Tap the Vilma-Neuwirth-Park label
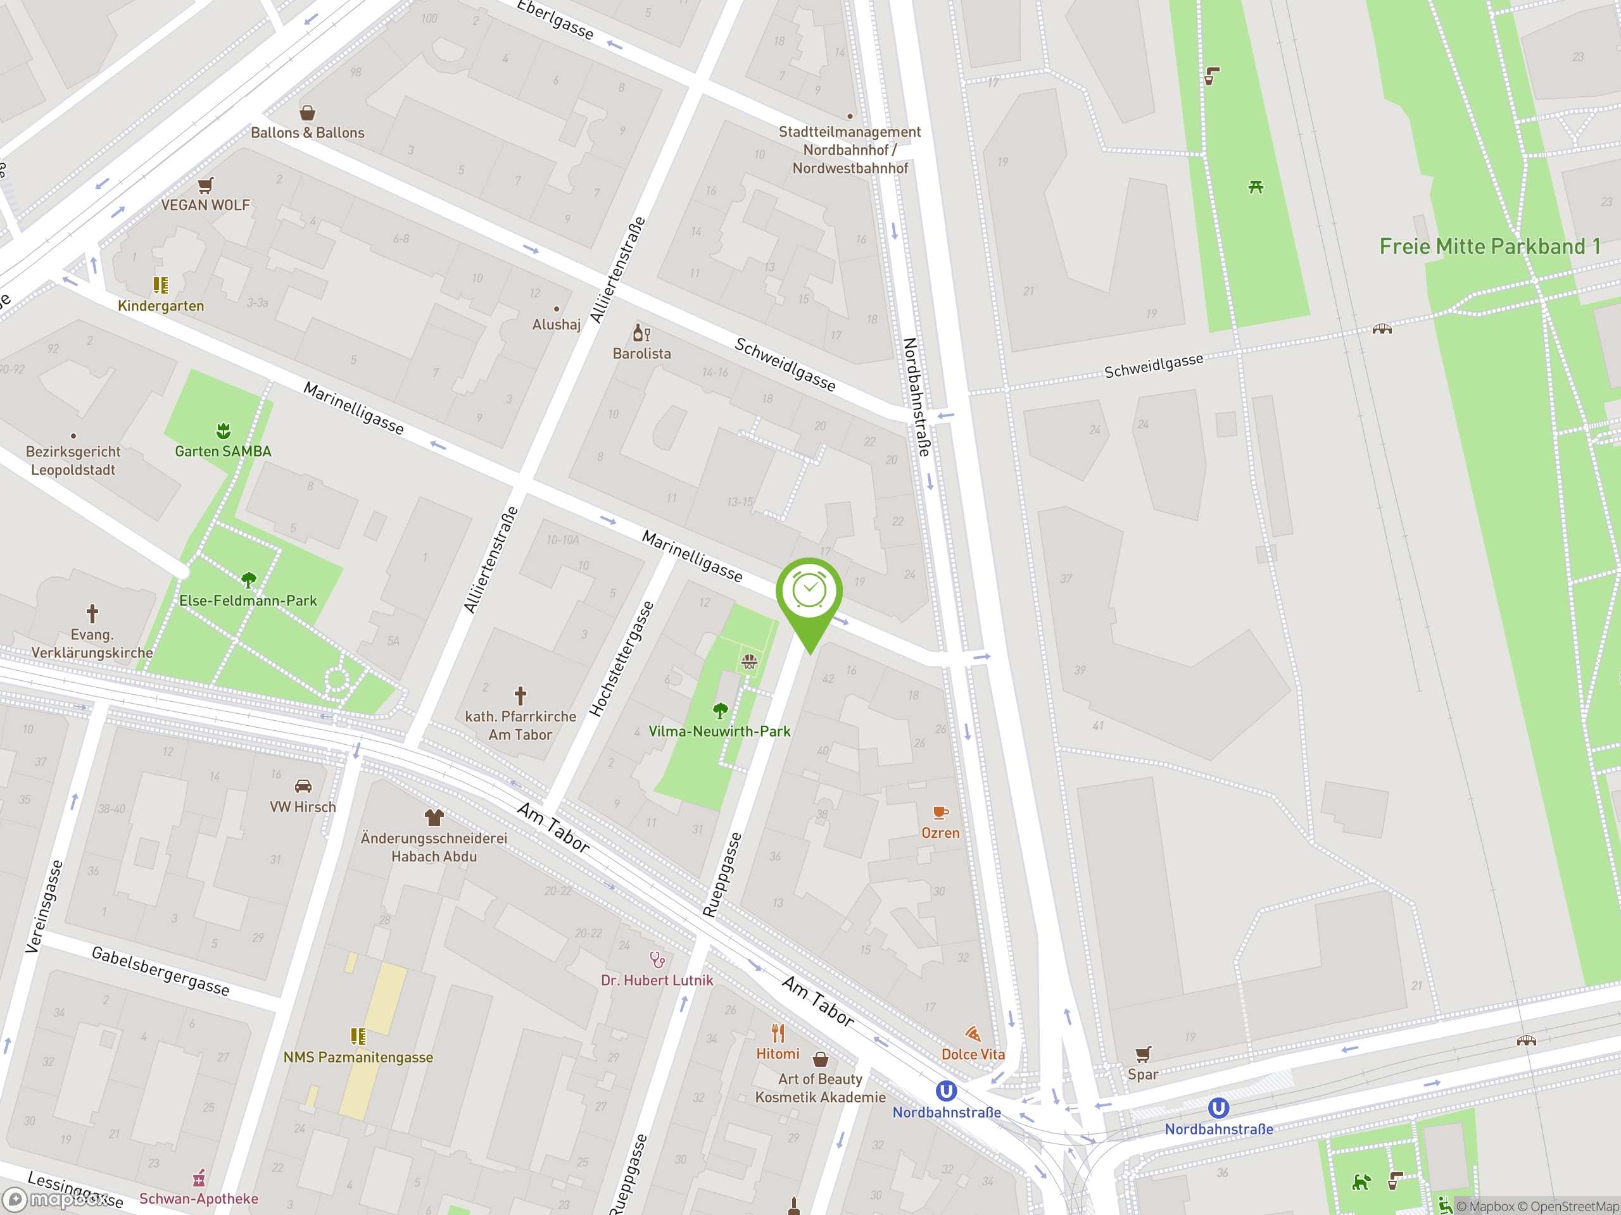tap(719, 731)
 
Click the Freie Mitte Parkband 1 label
tap(1489, 246)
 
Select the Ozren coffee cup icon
tap(940, 812)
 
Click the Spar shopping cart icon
tap(1143, 1054)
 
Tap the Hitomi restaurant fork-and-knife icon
tap(778, 1033)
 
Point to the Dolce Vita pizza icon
tap(973, 1034)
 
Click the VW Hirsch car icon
tap(303, 786)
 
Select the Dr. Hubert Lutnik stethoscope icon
tap(657, 959)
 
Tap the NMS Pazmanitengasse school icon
tap(358, 1035)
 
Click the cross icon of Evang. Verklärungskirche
tap(92, 613)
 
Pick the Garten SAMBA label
tap(223, 451)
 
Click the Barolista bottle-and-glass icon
tap(641, 333)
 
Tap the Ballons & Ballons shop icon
tap(308, 113)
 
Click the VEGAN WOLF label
tap(205, 205)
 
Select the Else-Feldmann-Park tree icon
tap(248, 580)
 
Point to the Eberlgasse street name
tap(555, 20)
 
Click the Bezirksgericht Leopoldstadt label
tap(73, 461)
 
